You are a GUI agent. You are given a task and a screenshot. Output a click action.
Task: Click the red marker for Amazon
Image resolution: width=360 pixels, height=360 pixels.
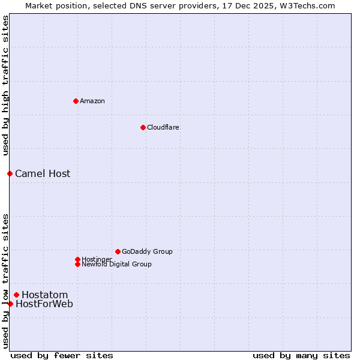pyautogui.click(x=76, y=101)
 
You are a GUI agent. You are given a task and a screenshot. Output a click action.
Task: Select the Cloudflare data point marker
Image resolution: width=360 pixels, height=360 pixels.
pyautogui.click(x=143, y=127)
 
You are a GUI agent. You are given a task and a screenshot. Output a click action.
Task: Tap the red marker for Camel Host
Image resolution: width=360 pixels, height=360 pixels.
pyautogui.click(x=10, y=173)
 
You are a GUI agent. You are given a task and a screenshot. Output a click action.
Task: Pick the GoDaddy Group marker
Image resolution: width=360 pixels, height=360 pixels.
pyautogui.click(x=118, y=251)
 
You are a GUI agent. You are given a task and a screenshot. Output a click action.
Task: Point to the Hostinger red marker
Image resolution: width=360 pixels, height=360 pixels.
pyautogui.click(x=77, y=259)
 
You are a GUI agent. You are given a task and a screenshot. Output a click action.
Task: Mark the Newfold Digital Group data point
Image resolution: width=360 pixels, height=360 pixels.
pyautogui.click(x=77, y=264)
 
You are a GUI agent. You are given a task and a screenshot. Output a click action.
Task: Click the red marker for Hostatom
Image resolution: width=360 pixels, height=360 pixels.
pyautogui.click(x=16, y=295)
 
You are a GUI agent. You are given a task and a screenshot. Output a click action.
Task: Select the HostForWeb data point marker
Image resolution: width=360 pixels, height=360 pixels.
pyautogui.click(x=10, y=304)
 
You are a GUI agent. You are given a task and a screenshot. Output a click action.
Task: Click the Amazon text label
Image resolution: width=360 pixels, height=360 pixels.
pyautogui.click(x=92, y=101)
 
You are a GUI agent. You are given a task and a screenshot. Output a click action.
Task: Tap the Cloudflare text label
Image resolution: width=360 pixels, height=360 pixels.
pyautogui.click(x=163, y=127)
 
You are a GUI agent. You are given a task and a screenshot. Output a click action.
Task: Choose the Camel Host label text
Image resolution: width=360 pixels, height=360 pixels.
pyautogui.click(x=43, y=173)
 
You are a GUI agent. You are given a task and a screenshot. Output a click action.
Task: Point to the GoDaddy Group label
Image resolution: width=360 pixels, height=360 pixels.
pyautogui.click(x=147, y=251)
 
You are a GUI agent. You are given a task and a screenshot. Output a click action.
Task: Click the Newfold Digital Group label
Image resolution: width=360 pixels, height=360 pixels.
pyautogui.click(x=116, y=264)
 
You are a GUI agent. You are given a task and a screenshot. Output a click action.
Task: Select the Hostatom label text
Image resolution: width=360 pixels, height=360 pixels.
pyautogui.click(x=45, y=295)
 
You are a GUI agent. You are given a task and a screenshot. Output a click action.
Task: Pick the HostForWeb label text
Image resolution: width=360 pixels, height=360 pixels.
pyautogui.click(x=44, y=304)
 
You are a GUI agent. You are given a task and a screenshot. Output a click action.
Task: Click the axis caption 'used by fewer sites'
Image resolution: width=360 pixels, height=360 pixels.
pyautogui.click(x=62, y=355)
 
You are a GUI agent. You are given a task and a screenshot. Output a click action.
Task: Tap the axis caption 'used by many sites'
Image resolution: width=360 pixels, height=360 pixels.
pyautogui.click(x=301, y=355)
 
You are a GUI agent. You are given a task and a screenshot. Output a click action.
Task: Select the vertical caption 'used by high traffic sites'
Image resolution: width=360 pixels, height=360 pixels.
pyautogui.click(x=5, y=85)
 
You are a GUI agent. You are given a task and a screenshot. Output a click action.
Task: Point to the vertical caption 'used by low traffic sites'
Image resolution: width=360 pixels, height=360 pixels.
pyautogui.click(x=5, y=281)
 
